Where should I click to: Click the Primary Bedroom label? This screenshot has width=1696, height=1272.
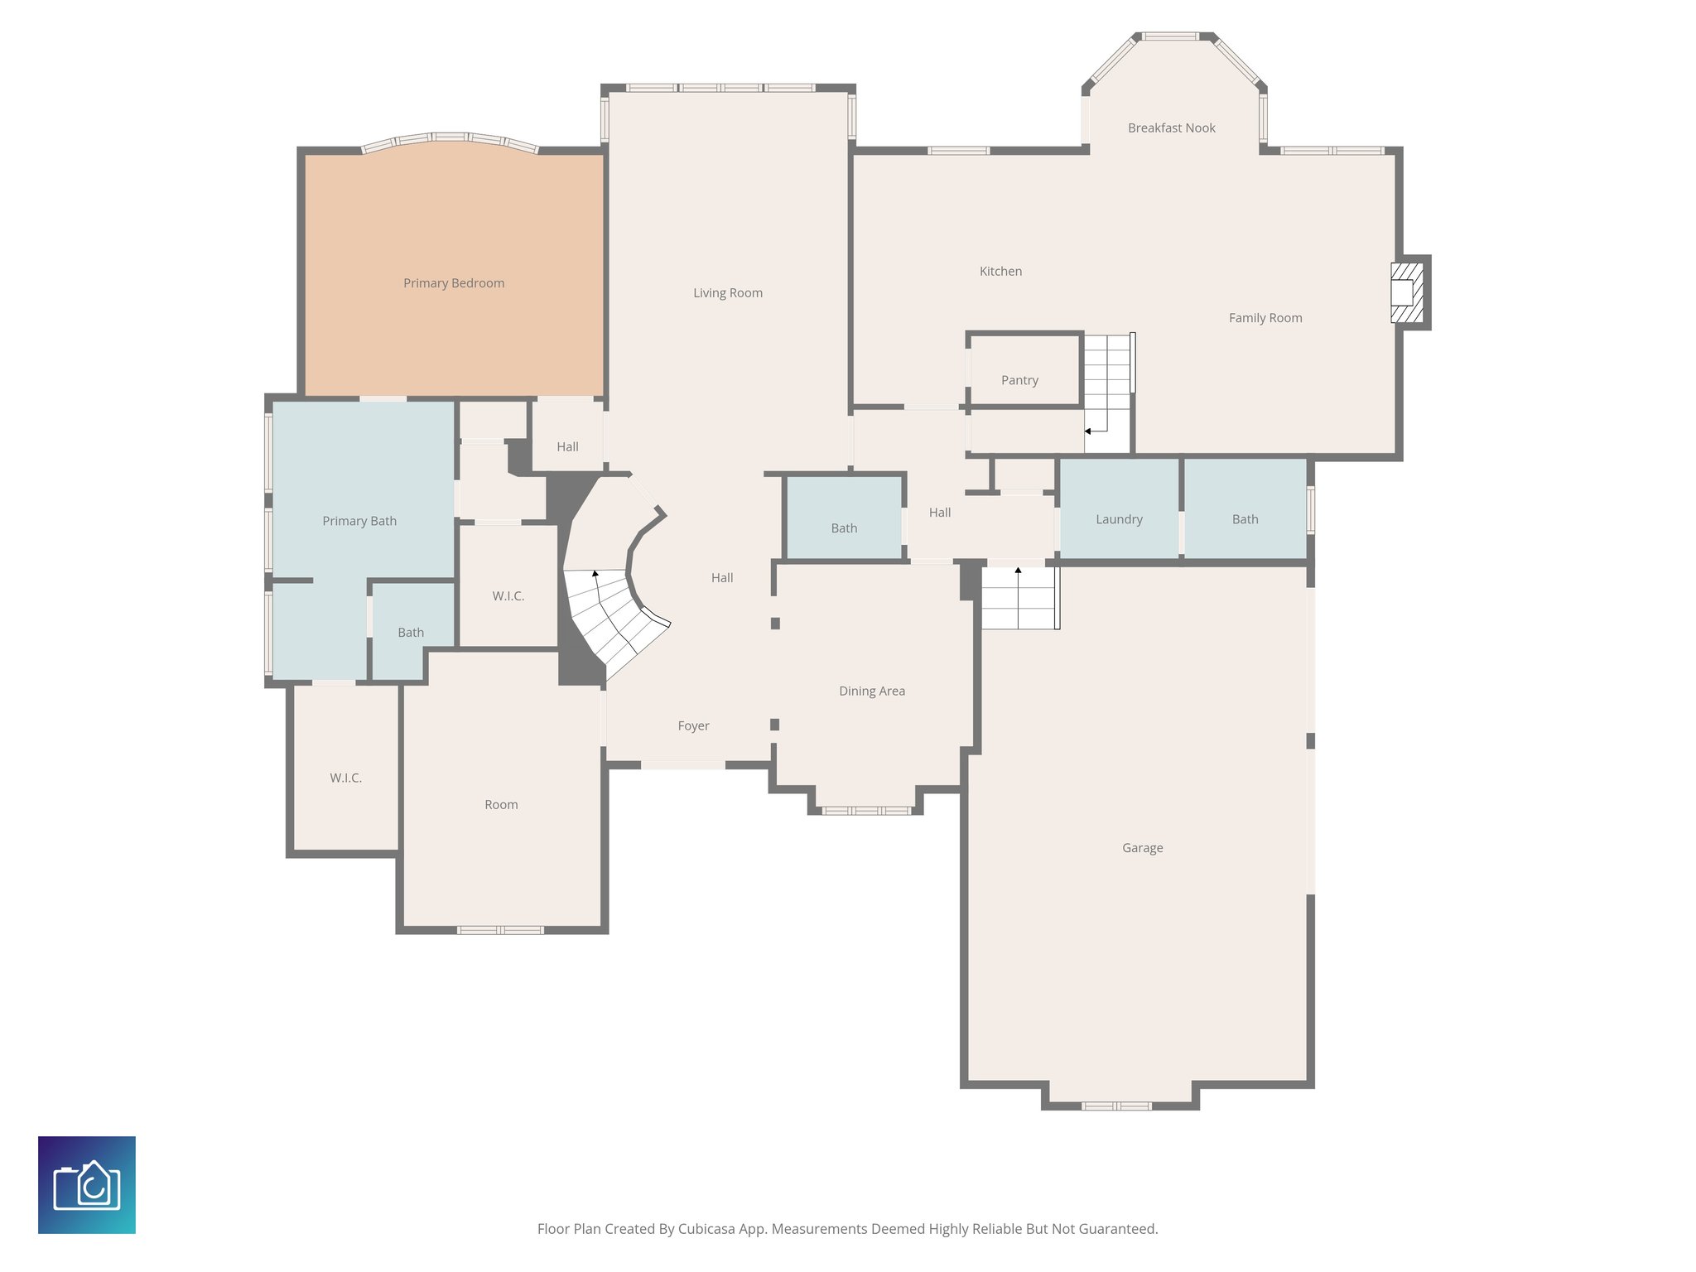(x=454, y=283)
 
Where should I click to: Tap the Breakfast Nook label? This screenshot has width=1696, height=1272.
(x=1171, y=128)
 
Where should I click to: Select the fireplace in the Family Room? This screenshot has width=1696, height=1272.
(x=1405, y=292)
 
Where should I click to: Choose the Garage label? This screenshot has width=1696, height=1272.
(x=1142, y=848)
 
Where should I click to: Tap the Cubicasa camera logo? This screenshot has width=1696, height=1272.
(x=87, y=1184)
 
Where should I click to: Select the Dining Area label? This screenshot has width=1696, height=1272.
(x=871, y=691)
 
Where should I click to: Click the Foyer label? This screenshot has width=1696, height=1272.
(x=693, y=725)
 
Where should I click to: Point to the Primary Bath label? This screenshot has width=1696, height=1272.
(x=359, y=521)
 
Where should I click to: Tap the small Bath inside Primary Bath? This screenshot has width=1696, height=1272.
(x=411, y=632)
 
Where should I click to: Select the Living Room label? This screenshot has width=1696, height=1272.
(x=727, y=292)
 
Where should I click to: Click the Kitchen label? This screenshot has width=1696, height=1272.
(x=1000, y=271)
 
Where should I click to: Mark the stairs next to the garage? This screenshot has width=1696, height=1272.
(x=1019, y=598)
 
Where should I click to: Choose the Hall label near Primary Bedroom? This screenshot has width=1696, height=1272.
(x=567, y=446)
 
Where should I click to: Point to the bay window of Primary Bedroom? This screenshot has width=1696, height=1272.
(x=450, y=139)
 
